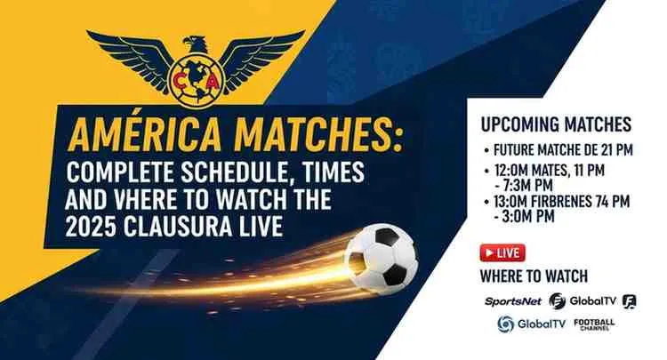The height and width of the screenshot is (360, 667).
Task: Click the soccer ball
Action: pyautogui.click(x=381, y=259)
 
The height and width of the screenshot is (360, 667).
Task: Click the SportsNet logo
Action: pyautogui.click(x=513, y=301)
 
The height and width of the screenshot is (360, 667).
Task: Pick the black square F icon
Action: pyautogui.click(x=630, y=301)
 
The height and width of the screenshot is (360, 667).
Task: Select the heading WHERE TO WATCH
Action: pyautogui.click(x=533, y=276)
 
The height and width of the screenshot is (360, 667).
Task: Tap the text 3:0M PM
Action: pyautogui.click(x=525, y=217)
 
